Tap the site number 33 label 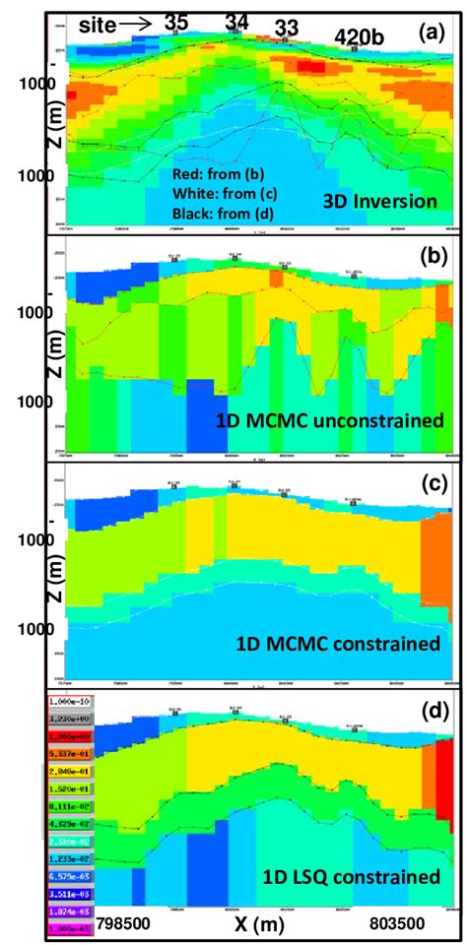[x=284, y=28]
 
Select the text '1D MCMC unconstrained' [x=328, y=420]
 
